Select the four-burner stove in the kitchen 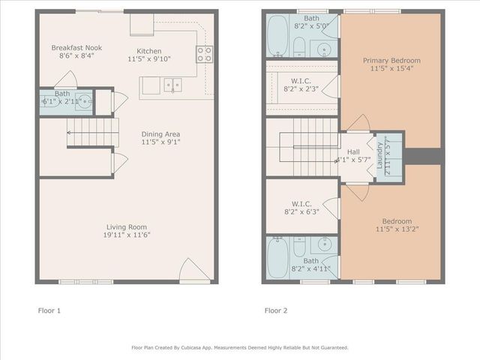(x=203, y=53)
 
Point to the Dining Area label (x=160, y=134)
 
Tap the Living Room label (x=126, y=226)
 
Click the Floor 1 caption (x=50, y=310)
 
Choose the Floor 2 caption (x=276, y=310)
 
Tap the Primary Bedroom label (x=391, y=60)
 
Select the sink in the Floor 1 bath (x=87, y=100)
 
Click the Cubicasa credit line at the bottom (x=240, y=347)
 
